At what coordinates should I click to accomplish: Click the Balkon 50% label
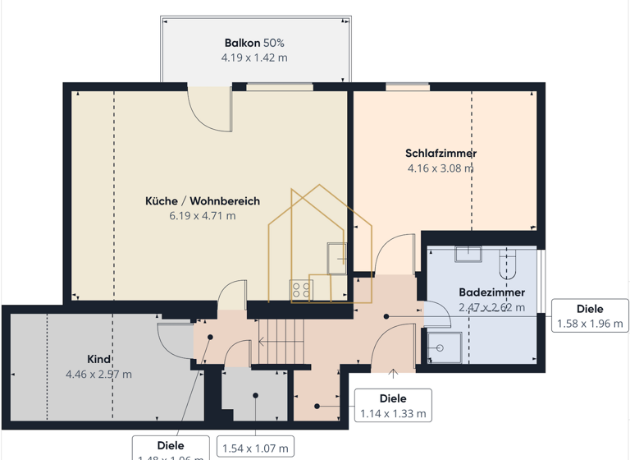(254, 43)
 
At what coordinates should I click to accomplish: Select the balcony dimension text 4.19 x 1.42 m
(254, 58)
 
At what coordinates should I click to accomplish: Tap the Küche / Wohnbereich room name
(203, 201)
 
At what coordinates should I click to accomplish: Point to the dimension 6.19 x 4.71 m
(203, 216)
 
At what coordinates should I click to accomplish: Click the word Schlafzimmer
(441, 154)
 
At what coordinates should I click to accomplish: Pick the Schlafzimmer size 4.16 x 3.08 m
(441, 168)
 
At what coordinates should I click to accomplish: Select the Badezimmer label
(491, 292)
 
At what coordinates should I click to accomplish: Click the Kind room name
(98, 360)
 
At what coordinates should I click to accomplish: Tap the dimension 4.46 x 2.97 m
(98, 375)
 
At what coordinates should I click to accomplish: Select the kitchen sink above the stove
(336, 258)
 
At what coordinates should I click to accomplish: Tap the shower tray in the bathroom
(443, 347)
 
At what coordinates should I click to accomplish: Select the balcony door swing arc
(210, 110)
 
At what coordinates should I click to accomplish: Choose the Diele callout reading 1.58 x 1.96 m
(589, 316)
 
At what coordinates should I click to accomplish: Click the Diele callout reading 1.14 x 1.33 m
(393, 406)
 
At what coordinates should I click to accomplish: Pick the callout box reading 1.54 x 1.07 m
(255, 448)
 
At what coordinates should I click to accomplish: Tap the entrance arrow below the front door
(393, 375)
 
